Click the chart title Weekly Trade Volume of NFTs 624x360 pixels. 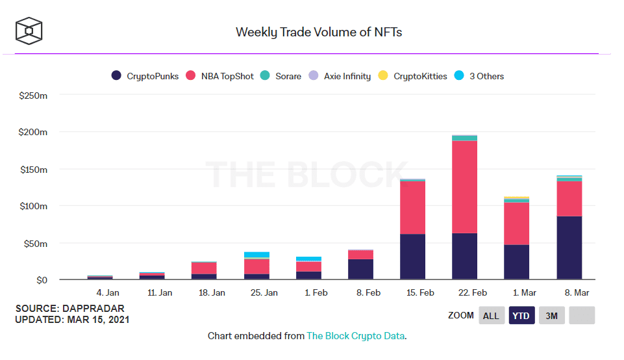point(318,32)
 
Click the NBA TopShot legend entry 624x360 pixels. point(223,76)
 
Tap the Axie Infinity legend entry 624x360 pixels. point(342,76)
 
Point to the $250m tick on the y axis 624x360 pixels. point(34,96)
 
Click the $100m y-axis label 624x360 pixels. point(34,207)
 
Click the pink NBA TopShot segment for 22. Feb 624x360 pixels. point(464,186)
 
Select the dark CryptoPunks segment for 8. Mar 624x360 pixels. point(569,248)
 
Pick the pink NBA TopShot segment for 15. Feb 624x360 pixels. point(412,207)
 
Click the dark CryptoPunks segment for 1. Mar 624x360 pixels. point(516,262)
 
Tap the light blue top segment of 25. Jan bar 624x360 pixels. point(256,255)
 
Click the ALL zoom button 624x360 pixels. point(491,316)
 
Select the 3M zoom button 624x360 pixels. point(551,316)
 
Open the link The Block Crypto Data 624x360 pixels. point(356,336)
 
